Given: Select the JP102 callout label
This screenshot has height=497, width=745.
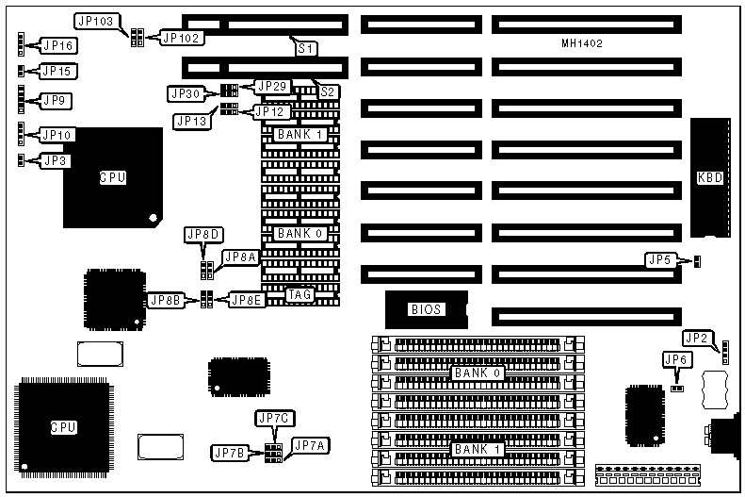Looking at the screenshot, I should pyautogui.click(x=181, y=38).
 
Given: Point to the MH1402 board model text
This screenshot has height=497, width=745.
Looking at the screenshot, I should pyautogui.click(x=580, y=43).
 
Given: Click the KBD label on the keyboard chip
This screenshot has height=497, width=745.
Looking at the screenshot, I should pyautogui.click(x=709, y=177).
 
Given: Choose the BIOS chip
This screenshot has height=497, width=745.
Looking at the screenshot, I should pyautogui.click(x=426, y=308).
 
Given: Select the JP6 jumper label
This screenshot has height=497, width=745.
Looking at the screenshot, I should pyautogui.click(x=676, y=358).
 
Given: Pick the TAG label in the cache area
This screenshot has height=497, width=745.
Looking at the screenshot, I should pyautogui.click(x=300, y=295).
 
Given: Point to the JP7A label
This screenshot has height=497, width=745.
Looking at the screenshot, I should pyautogui.click(x=310, y=445).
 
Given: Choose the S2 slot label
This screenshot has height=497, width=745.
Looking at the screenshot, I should pyautogui.click(x=327, y=91).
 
